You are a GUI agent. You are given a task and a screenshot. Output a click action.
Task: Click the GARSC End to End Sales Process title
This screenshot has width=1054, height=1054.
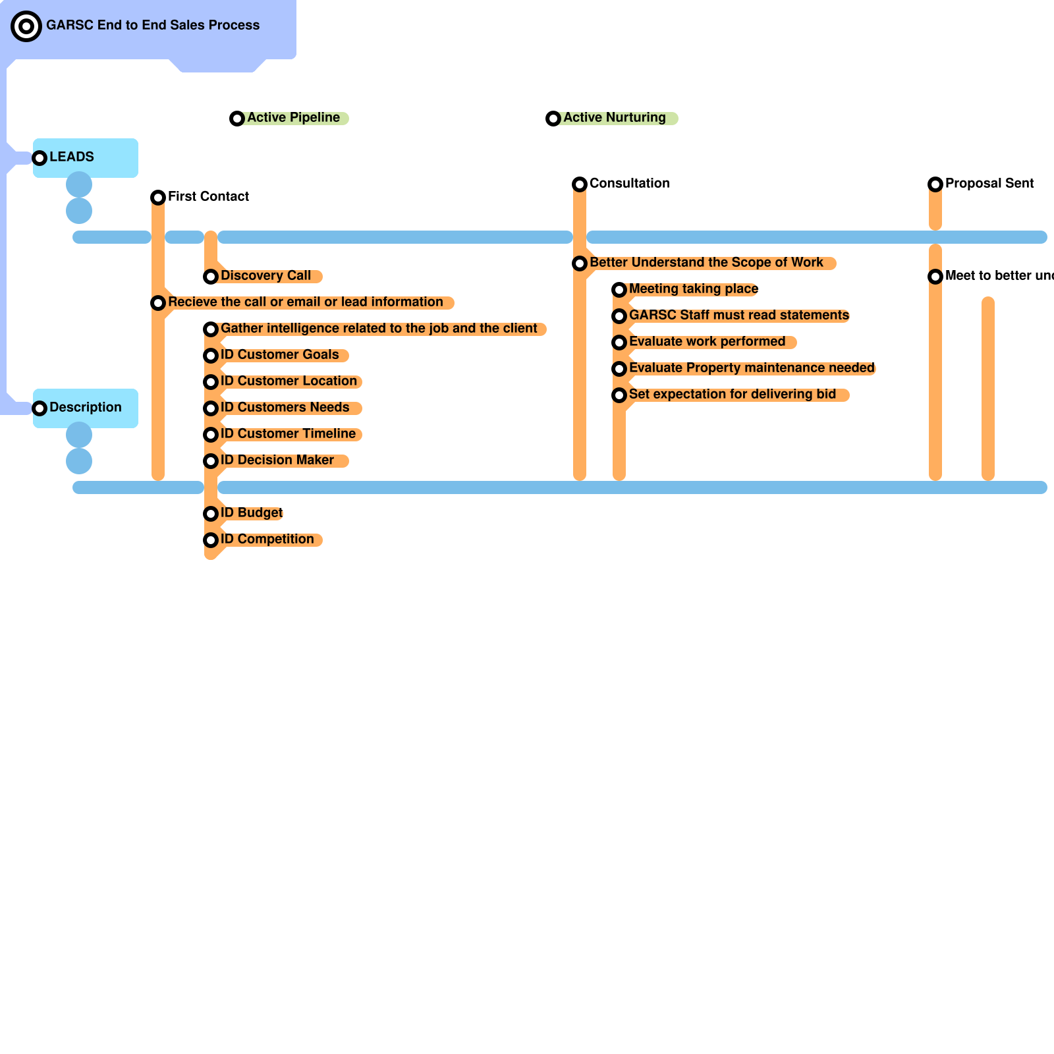153,26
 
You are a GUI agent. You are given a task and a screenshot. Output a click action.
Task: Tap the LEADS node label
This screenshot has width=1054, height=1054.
72,157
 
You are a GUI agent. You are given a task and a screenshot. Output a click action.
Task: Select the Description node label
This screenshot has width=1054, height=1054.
86,408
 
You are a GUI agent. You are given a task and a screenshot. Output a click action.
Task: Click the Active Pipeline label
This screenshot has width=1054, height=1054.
293,118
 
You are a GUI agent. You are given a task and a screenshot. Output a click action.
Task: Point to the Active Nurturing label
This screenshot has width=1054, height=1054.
614,118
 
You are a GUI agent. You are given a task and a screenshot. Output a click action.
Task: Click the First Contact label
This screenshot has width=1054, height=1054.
208,197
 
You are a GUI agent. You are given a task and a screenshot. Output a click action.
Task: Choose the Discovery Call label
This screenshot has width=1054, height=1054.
265,276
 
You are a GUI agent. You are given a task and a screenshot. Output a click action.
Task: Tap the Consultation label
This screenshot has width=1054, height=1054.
629,184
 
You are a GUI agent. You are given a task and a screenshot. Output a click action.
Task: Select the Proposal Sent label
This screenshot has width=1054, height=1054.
989,184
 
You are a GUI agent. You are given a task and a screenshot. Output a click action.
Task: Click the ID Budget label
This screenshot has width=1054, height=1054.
252,513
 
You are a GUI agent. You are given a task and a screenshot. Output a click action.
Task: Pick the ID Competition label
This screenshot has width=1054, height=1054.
267,540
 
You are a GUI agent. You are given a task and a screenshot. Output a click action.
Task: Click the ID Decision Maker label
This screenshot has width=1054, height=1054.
277,460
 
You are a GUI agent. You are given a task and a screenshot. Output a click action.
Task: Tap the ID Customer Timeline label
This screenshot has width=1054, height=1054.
288,434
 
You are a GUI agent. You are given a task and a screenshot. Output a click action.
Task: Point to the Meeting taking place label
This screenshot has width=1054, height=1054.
694,289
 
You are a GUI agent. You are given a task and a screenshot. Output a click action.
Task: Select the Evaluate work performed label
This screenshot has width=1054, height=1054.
707,342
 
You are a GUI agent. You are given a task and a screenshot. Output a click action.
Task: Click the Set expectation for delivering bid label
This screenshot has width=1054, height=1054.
732,395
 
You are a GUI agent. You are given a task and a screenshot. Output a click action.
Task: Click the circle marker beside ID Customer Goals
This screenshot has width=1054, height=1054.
211,356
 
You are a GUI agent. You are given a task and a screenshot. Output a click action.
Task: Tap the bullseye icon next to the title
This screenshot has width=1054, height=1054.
26,26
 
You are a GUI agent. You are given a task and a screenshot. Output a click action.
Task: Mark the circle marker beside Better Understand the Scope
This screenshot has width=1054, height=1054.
580,263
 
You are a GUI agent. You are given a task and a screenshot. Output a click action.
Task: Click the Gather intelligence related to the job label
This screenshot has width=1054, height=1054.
379,329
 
